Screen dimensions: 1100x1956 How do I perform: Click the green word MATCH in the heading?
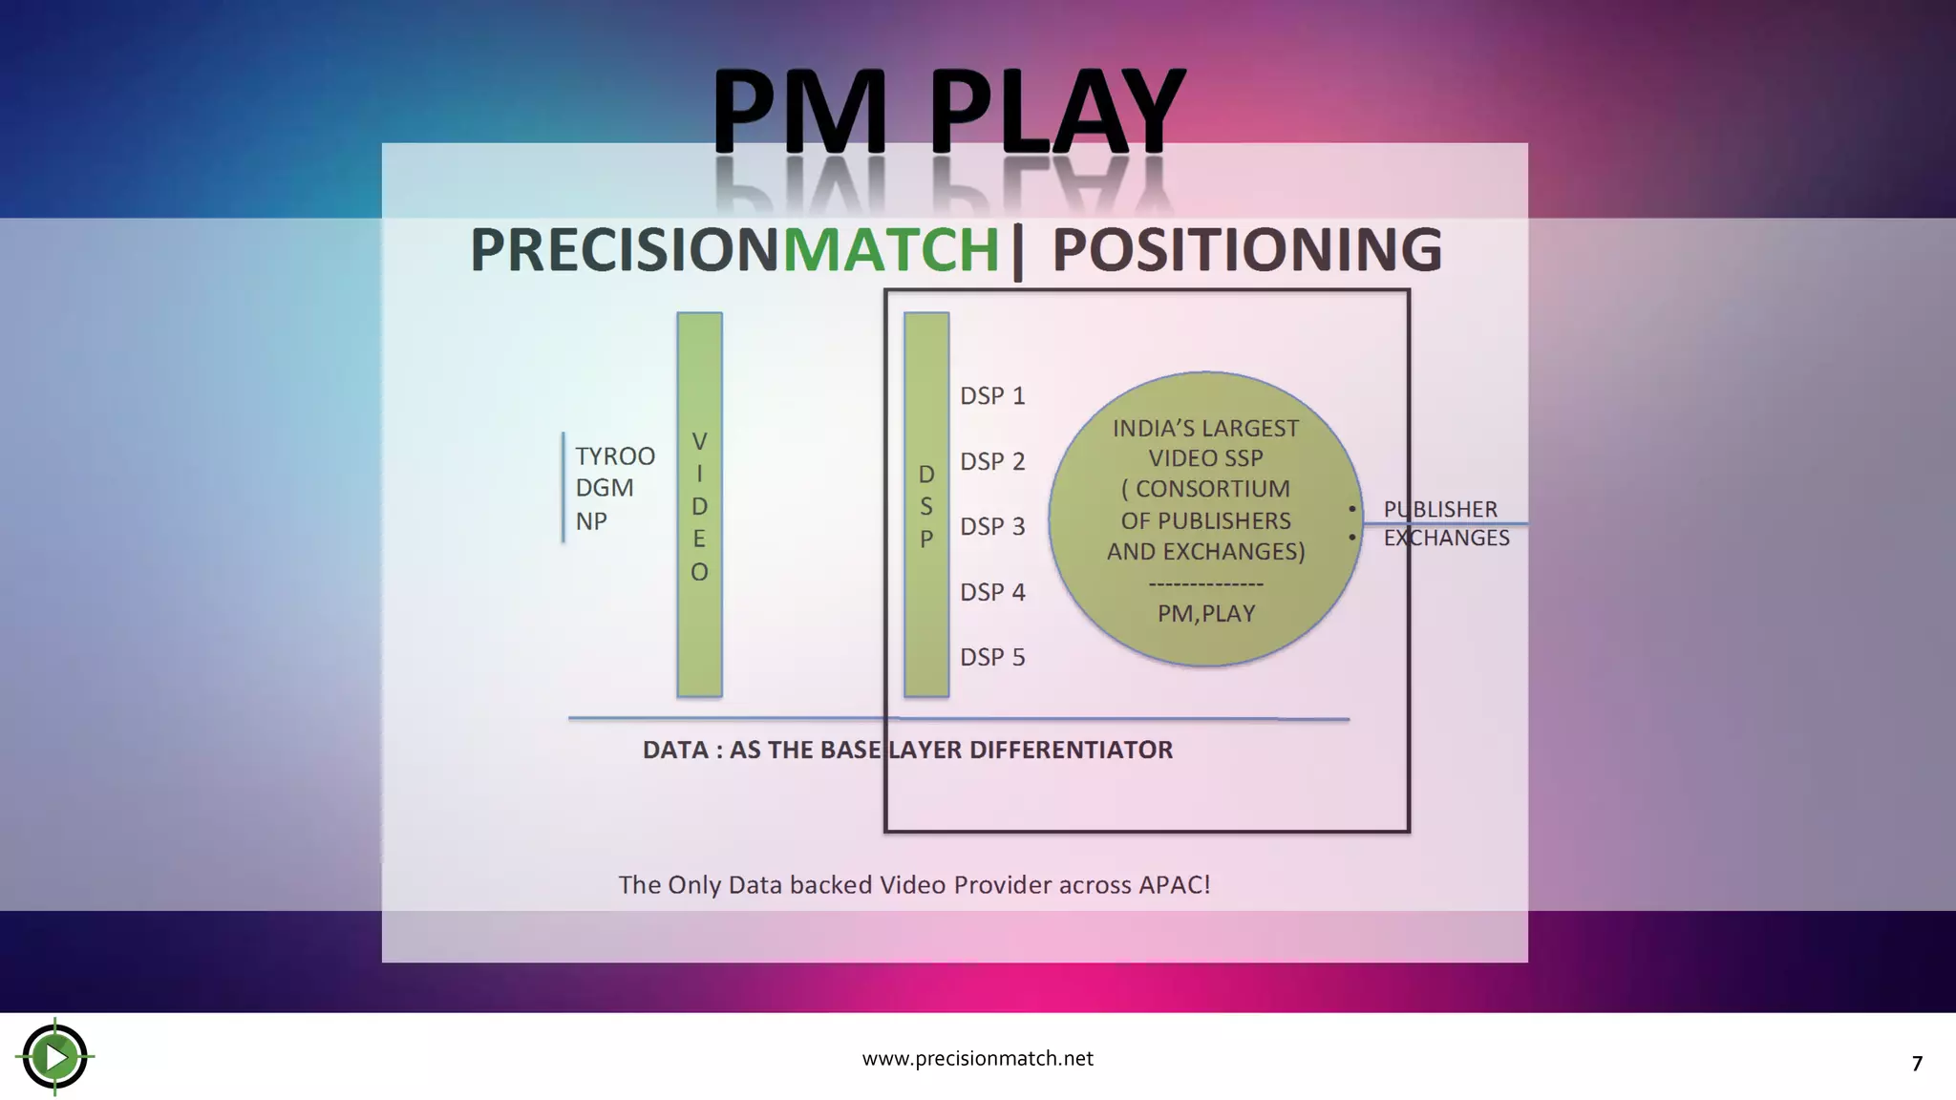890,250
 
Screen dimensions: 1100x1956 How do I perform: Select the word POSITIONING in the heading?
1246,250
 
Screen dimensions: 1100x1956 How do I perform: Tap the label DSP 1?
992,395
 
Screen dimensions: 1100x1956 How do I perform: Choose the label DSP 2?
992,461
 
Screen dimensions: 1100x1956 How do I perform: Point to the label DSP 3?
992,526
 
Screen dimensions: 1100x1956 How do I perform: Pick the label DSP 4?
992,592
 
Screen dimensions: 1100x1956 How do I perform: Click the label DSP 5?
992,657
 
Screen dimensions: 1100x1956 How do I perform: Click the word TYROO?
615,456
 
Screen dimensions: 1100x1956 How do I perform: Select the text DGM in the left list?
604,488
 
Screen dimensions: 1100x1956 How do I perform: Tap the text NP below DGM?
591,521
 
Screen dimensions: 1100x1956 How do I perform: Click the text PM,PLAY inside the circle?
1205,613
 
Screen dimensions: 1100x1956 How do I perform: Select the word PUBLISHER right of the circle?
1440,509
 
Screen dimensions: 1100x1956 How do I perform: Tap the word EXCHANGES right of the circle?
1446,538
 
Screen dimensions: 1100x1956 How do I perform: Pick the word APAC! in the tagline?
1174,884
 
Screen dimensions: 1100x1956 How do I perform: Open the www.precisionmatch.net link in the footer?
977,1058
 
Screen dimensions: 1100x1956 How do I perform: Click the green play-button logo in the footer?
55,1056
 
